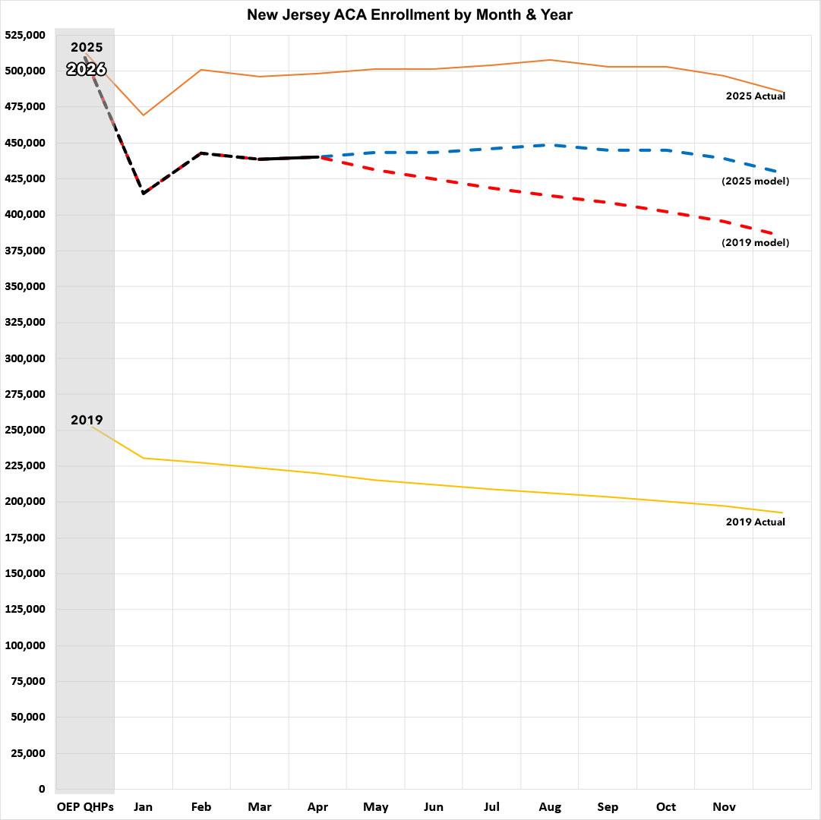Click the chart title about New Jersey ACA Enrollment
[x=409, y=14]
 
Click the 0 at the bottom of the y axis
[x=41, y=789]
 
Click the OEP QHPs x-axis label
[x=84, y=806]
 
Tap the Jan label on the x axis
[x=143, y=806]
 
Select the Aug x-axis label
[x=550, y=806]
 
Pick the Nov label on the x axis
[x=724, y=806]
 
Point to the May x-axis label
[x=376, y=806]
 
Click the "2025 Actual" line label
[x=755, y=96]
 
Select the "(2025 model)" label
[x=755, y=181]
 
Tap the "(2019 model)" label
[x=755, y=243]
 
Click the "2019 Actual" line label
[x=755, y=522]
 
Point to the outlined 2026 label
[x=86, y=70]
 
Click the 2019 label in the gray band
[x=87, y=421]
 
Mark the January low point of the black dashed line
[x=143, y=194]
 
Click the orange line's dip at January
[x=143, y=115]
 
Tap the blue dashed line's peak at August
[x=550, y=144]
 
